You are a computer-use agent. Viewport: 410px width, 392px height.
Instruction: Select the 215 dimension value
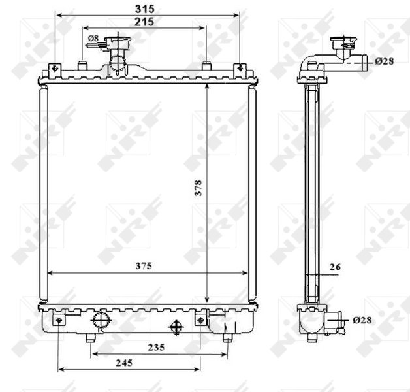coord(144,22)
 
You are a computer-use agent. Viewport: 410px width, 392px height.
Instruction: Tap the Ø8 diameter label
coord(93,39)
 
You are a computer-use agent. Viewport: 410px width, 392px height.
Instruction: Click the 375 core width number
coord(144,266)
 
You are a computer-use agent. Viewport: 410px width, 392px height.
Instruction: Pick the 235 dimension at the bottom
coord(155,347)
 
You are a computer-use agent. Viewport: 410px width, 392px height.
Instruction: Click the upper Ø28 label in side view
coord(384,62)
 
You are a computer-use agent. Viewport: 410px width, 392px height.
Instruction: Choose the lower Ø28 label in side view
coord(362,320)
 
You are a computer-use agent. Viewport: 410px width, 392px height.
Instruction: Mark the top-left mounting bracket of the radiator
coord(55,69)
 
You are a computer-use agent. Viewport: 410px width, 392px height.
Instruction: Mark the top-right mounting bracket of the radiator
coord(240,69)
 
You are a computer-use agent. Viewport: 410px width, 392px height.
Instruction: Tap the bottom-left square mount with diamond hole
coord(59,320)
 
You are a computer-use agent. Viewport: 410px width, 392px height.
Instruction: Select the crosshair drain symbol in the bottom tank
coord(176,326)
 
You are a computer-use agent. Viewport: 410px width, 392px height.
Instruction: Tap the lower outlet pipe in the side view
coord(336,321)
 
